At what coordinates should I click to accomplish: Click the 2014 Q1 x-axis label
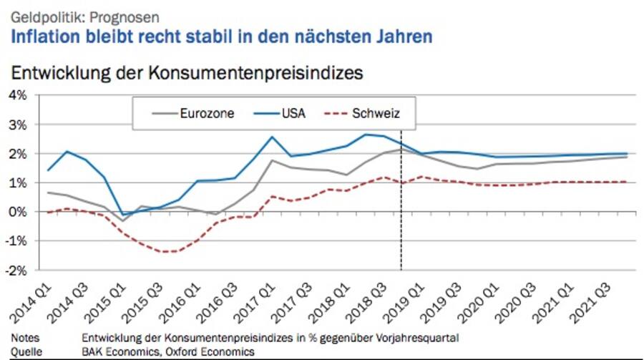[33, 301]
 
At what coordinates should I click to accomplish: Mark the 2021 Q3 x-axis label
[594, 301]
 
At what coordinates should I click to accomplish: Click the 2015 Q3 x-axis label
[145, 301]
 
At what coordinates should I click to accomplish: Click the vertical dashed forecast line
[400, 215]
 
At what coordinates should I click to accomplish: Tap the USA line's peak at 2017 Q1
[272, 137]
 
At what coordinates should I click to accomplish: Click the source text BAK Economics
[125, 351]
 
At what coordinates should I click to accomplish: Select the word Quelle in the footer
[26, 351]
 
